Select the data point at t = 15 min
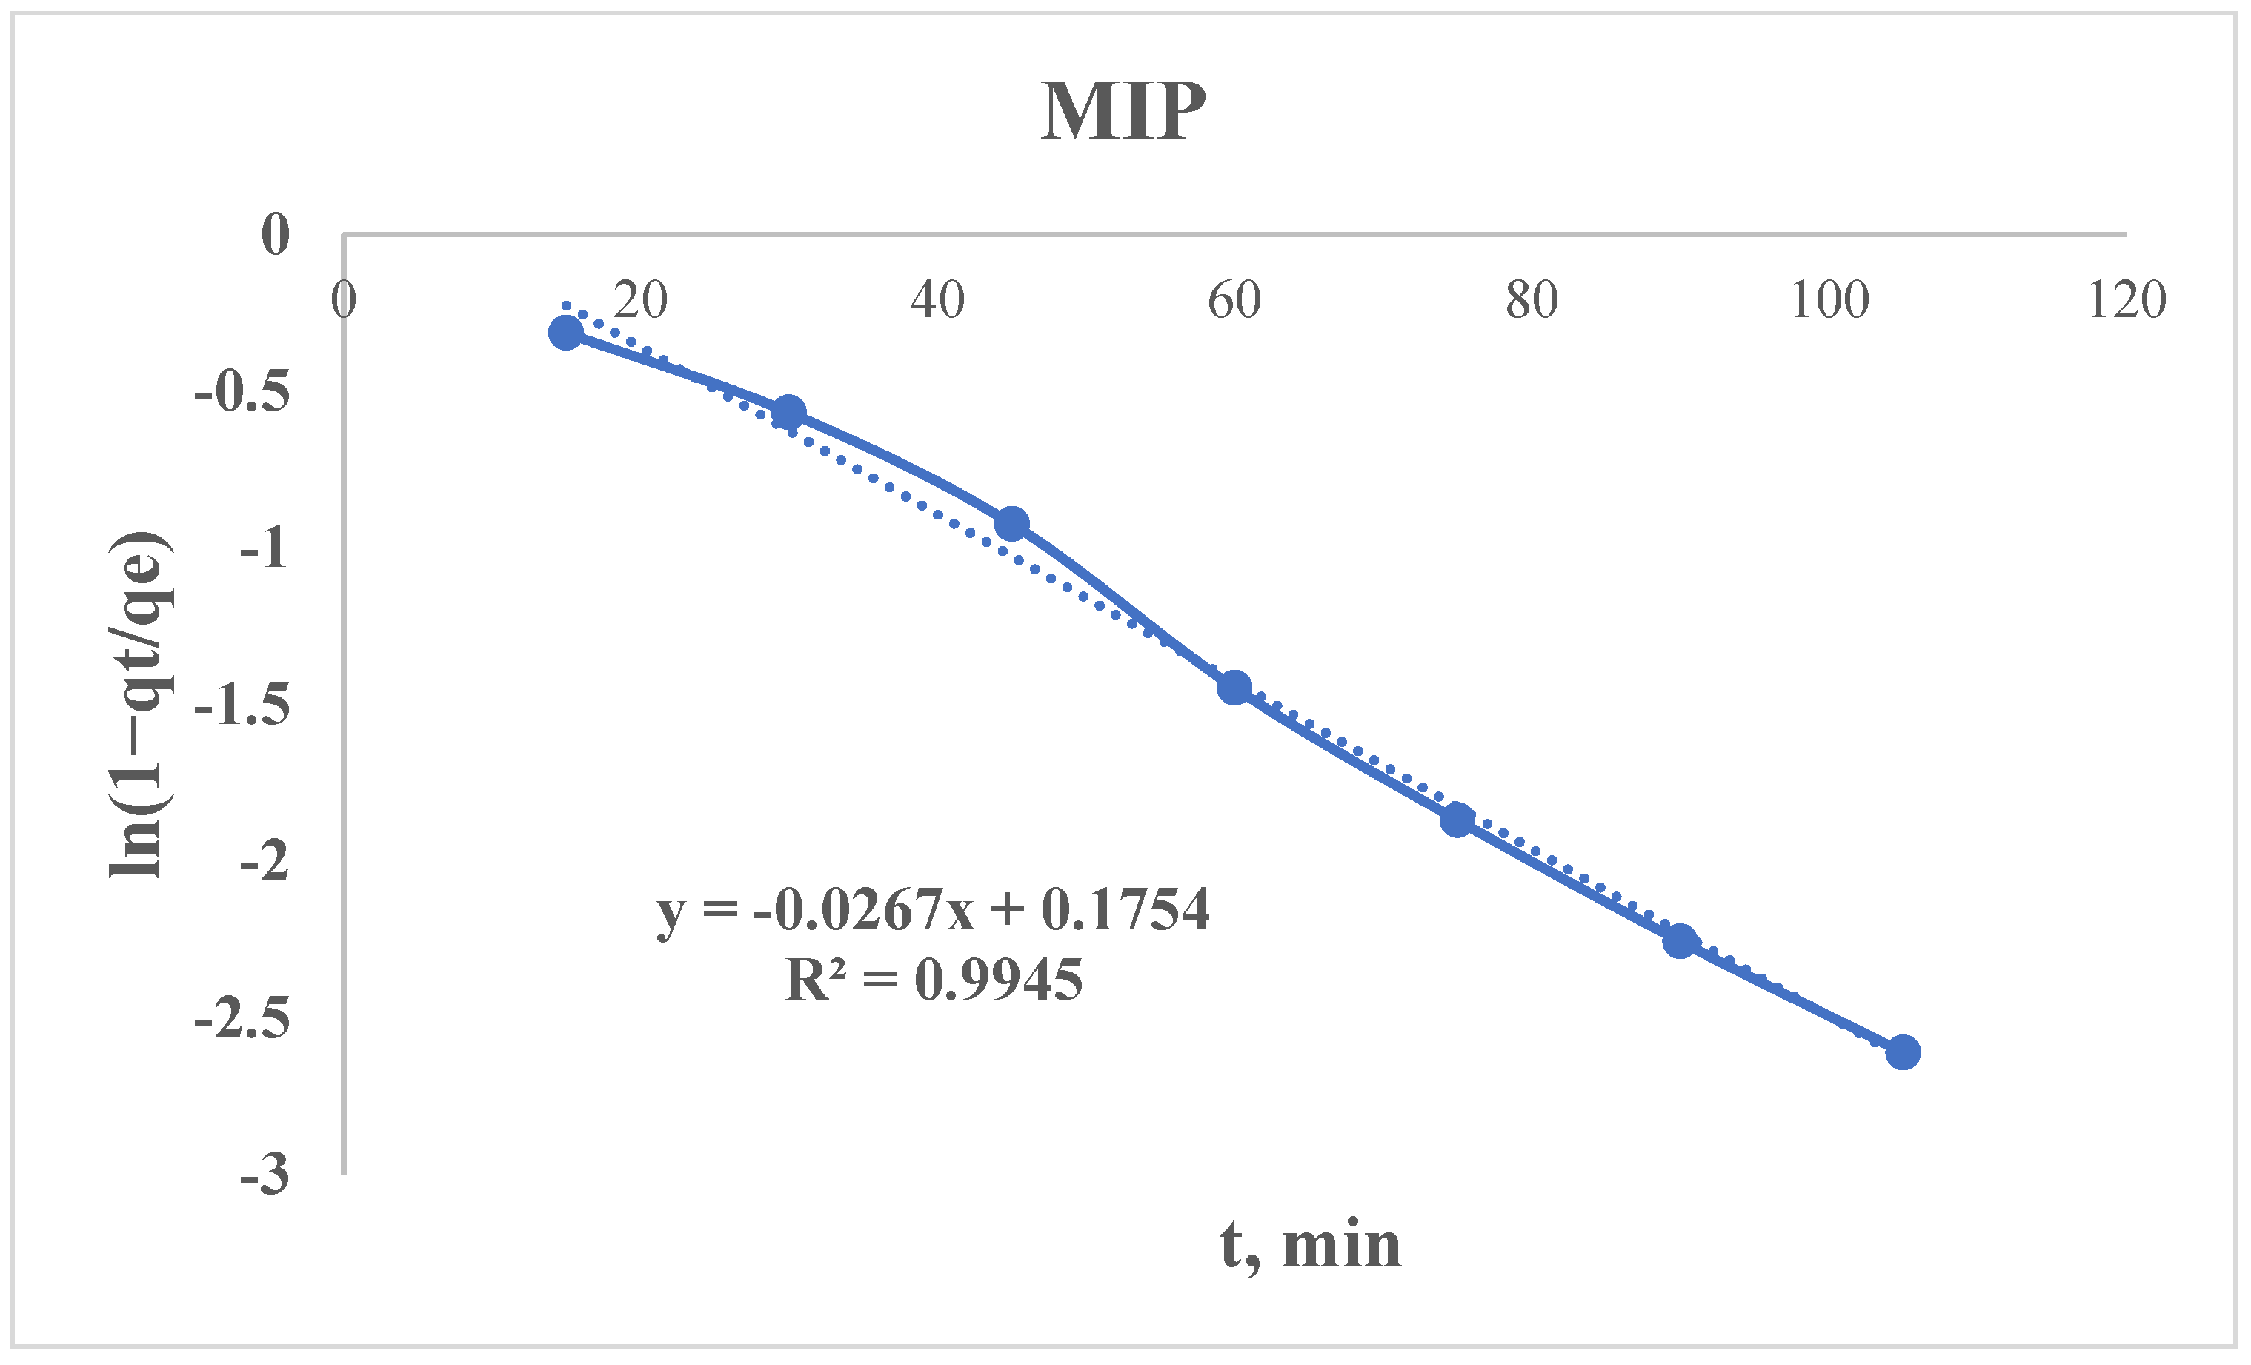(565, 333)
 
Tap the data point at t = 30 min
(788, 413)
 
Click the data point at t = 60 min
(1234, 687)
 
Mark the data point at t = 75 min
(1457, 820)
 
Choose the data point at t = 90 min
(1680, 940)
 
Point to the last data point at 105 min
(1903, 1052)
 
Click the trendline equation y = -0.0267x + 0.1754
(933, 910)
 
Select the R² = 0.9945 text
(933, 980)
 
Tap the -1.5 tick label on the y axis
(242, 705)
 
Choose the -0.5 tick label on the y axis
(242, 392)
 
